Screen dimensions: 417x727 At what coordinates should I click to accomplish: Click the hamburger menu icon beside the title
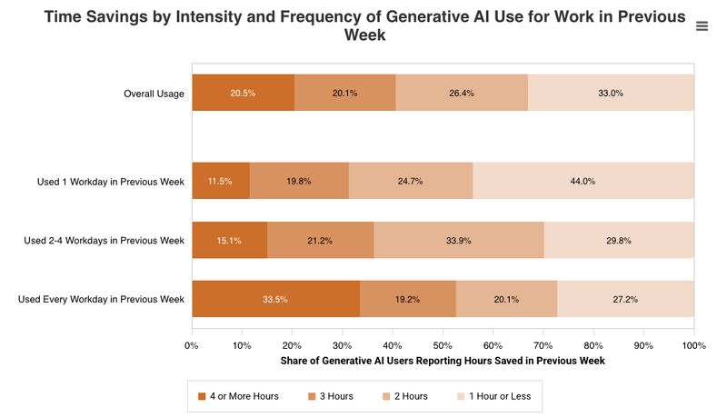(702, 26)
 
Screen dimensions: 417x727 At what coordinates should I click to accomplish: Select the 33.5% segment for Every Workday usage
(275, 299)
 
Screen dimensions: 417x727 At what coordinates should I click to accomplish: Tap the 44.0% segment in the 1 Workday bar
(583, 181)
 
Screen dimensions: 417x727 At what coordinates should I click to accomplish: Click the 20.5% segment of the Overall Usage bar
(243, 93)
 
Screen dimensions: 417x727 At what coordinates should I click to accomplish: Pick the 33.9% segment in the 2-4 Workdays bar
(458, 240)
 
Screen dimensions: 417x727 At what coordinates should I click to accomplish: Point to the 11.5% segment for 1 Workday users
(221, 181)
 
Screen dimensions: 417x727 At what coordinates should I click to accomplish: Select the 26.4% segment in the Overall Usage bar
(462, 93)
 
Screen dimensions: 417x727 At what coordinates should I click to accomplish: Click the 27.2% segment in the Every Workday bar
(625, 299)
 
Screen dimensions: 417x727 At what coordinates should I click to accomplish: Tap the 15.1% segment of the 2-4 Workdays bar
(229, 240)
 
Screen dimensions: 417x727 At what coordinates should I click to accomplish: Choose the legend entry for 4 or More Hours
(238, 396)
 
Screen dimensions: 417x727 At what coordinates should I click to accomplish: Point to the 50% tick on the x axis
(443, 345)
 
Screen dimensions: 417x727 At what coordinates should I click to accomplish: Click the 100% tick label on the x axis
(693, 345)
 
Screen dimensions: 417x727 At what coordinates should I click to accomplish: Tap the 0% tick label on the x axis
(192, 345)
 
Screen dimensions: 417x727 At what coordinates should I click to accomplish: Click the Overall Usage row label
(154, 94)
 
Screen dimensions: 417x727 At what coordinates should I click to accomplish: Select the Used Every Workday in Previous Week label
(101, 299)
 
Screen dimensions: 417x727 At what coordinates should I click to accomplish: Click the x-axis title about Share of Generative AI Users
(443, 361)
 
